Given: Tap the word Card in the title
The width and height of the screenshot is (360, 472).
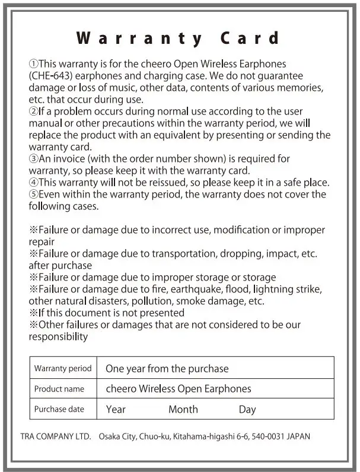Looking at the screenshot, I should (250, 39).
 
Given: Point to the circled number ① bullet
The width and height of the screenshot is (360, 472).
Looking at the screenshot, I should (34, 64).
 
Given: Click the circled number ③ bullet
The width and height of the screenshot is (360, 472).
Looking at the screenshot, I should (34, 158).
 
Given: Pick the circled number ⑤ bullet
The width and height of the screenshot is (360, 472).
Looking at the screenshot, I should (34, 194).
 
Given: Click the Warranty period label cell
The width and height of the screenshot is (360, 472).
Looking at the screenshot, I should (63, 368).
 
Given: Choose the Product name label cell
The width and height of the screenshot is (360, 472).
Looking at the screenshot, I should (59, 389).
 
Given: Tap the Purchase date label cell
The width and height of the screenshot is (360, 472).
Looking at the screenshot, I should (59, 409).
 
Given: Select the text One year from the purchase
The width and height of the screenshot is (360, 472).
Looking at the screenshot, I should (167, 369).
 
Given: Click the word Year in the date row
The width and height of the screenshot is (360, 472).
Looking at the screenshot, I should (116, 410).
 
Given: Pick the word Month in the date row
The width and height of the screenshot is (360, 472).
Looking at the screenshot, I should (183, 410).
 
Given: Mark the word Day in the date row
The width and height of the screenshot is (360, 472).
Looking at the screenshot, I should (247, 410).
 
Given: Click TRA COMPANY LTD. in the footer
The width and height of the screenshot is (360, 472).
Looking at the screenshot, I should (55, 437).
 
